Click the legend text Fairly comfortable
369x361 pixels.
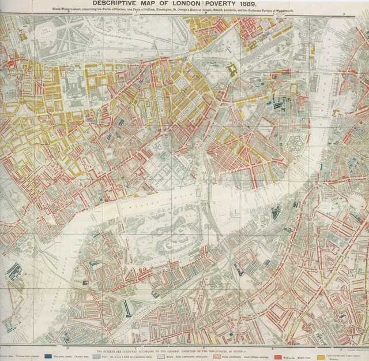pyautogui.click(x=237, y=357)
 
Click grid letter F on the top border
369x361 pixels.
pyautogui.click(x=272, y=13)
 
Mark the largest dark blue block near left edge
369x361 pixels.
pyautogui.click(x=14, y=271)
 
